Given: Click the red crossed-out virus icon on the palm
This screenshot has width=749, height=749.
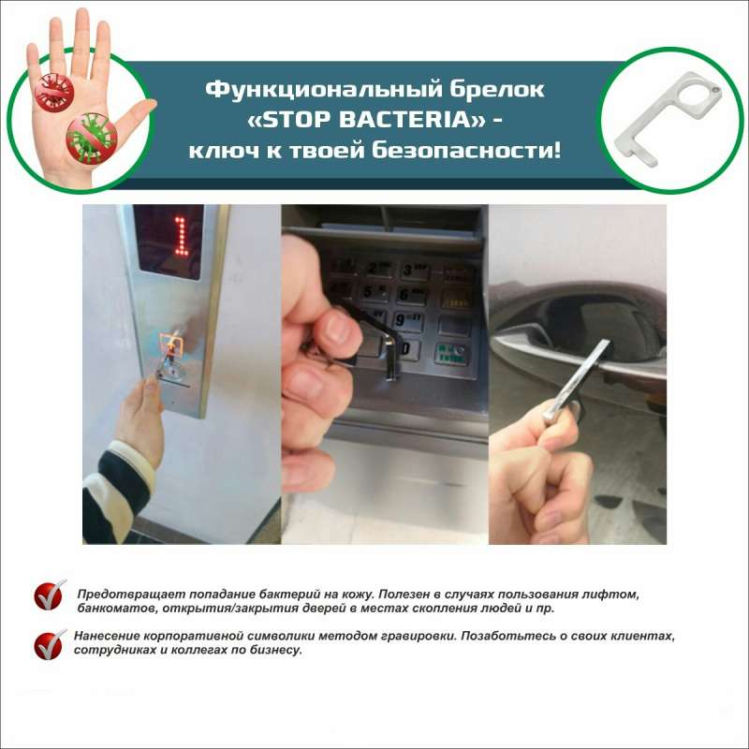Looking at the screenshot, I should (x=54, y=94).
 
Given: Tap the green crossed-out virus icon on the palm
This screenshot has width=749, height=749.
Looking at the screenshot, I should (x=92, y=138).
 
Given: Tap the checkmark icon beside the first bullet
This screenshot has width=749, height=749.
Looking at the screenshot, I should (x=50, y=595).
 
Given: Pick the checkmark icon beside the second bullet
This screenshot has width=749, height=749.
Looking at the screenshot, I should (x=50, y=643).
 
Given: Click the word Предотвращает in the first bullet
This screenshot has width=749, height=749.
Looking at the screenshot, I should (x=125, y=595).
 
